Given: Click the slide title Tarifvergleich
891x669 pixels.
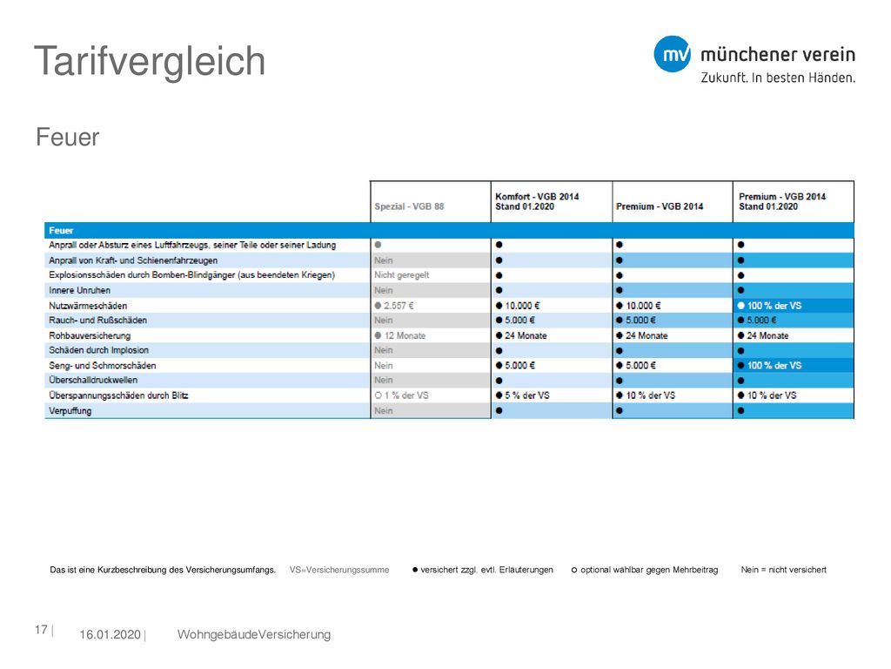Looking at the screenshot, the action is coord(150,62).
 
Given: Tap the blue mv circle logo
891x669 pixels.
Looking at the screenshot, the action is coord(673,54).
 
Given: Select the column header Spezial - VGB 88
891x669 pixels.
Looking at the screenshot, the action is coord(409,206).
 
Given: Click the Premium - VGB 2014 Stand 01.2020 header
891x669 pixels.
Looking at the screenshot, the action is coord(782,201).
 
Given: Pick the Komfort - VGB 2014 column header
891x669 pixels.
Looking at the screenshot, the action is coord(537,201).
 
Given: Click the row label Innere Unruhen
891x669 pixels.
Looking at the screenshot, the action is coord(79,290).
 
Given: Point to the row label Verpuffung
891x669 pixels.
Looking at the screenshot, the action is coord(70,411).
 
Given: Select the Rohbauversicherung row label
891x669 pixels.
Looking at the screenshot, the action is coord(90,335).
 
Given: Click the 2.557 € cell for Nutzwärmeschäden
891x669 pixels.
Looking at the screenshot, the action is coord(394,306).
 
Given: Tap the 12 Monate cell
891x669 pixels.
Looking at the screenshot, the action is coord(399,335).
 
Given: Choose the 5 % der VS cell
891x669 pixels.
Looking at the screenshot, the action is coord(523,395).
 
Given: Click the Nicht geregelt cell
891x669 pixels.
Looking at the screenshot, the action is coord(402,275).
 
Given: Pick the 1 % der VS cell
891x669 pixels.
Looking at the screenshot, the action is coord(401,395).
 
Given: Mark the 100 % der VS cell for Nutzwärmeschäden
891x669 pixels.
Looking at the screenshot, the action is coord(769,306).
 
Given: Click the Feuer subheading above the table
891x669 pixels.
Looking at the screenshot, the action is coord(67,137).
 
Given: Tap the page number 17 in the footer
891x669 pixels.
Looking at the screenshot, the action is coord(41,630).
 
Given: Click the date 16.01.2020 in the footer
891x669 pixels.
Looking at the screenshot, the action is coord(110,635).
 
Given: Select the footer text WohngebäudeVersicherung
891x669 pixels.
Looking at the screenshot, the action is coord(254,635).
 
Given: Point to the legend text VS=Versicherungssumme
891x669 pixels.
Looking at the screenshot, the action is coord(339,570).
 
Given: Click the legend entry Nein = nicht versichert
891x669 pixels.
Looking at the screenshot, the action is coord(784,570).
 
